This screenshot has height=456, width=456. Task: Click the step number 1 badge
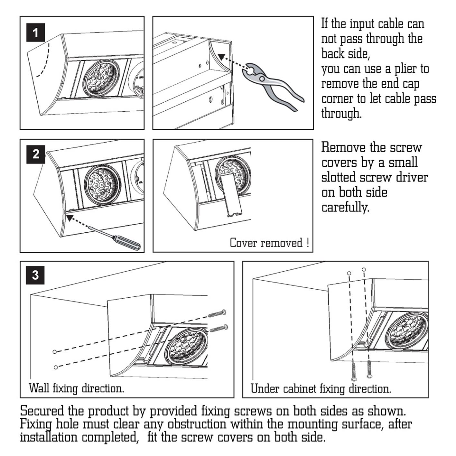pyautogui.click(x=35, y=33)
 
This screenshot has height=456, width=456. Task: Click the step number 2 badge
pyautogui.click(x=35, y=154)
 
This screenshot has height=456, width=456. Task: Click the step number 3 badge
pyautogui.click(x=35, y=275)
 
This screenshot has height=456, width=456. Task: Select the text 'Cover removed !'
pyautogui.click(x=269, y=243)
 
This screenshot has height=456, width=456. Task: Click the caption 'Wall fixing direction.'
pyautogui.click(x=76, y=388)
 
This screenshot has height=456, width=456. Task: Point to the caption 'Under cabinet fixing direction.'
pyautogui.click(x=321, y=389)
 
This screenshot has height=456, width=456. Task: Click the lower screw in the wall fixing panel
pyautogui.click(x=219, y=329)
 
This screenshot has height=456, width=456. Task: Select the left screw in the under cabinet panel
pyautogui.click(x=354, y=372)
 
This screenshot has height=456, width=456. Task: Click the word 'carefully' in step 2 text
pyautogui.click(x=345, y=207)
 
